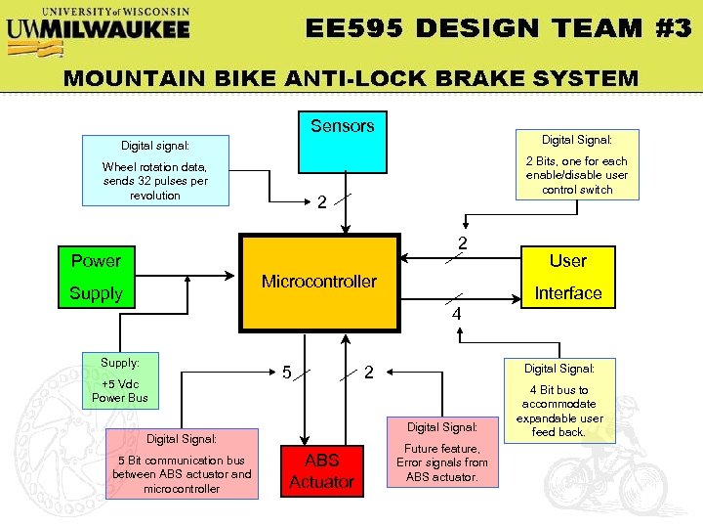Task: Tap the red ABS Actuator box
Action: point(321,470)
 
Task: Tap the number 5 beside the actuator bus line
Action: point(286,373)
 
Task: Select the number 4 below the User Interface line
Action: point(456,315)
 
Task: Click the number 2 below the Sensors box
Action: point(321,203)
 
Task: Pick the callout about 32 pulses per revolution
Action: point(155,170)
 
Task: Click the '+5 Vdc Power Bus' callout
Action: point(120,380)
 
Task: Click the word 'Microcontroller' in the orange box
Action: point(319,282)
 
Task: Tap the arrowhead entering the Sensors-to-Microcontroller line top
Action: point(343,230)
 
